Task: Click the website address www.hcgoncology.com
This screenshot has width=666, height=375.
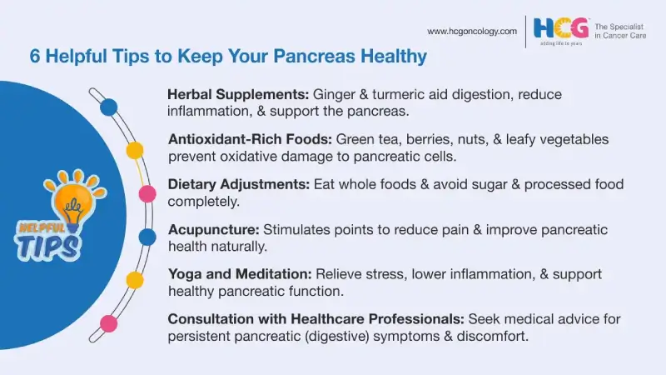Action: (x=471, y=31)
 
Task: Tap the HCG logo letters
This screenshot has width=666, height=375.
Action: (x=561, y=28)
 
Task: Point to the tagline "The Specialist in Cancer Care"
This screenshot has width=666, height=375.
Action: (x=625, y=31)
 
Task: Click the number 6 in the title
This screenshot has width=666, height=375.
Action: (x=35, y=57)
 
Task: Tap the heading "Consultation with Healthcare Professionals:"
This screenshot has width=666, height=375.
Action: (x=316, y=319)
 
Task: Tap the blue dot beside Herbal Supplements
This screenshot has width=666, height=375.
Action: (x=108, y=107)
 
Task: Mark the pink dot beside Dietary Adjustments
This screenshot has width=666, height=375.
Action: (x=147, y=194)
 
